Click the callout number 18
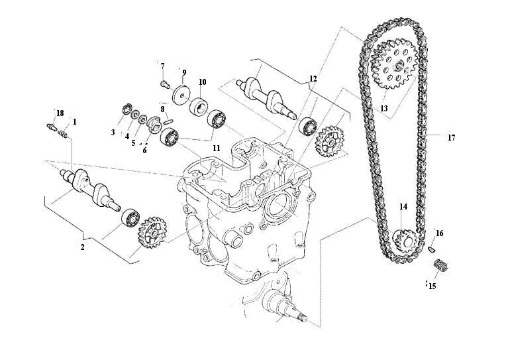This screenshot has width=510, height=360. pos(60,113)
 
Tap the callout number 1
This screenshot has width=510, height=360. pos(75,122)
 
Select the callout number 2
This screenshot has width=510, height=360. pos(83,247)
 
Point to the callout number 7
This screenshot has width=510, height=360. pos(162,66)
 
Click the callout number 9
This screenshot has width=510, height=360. pos(184,72)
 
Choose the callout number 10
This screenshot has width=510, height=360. pos(202,82)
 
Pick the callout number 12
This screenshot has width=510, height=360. pos(313,79)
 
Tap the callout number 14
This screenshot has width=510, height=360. pos(403,207)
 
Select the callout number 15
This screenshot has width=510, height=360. pos(432,286)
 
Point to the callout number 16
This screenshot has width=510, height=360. pos(439,233)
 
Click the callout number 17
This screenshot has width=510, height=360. pos(451,138)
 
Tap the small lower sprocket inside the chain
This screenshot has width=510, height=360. pos(403,239)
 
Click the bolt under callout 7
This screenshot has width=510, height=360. pos(163,84)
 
